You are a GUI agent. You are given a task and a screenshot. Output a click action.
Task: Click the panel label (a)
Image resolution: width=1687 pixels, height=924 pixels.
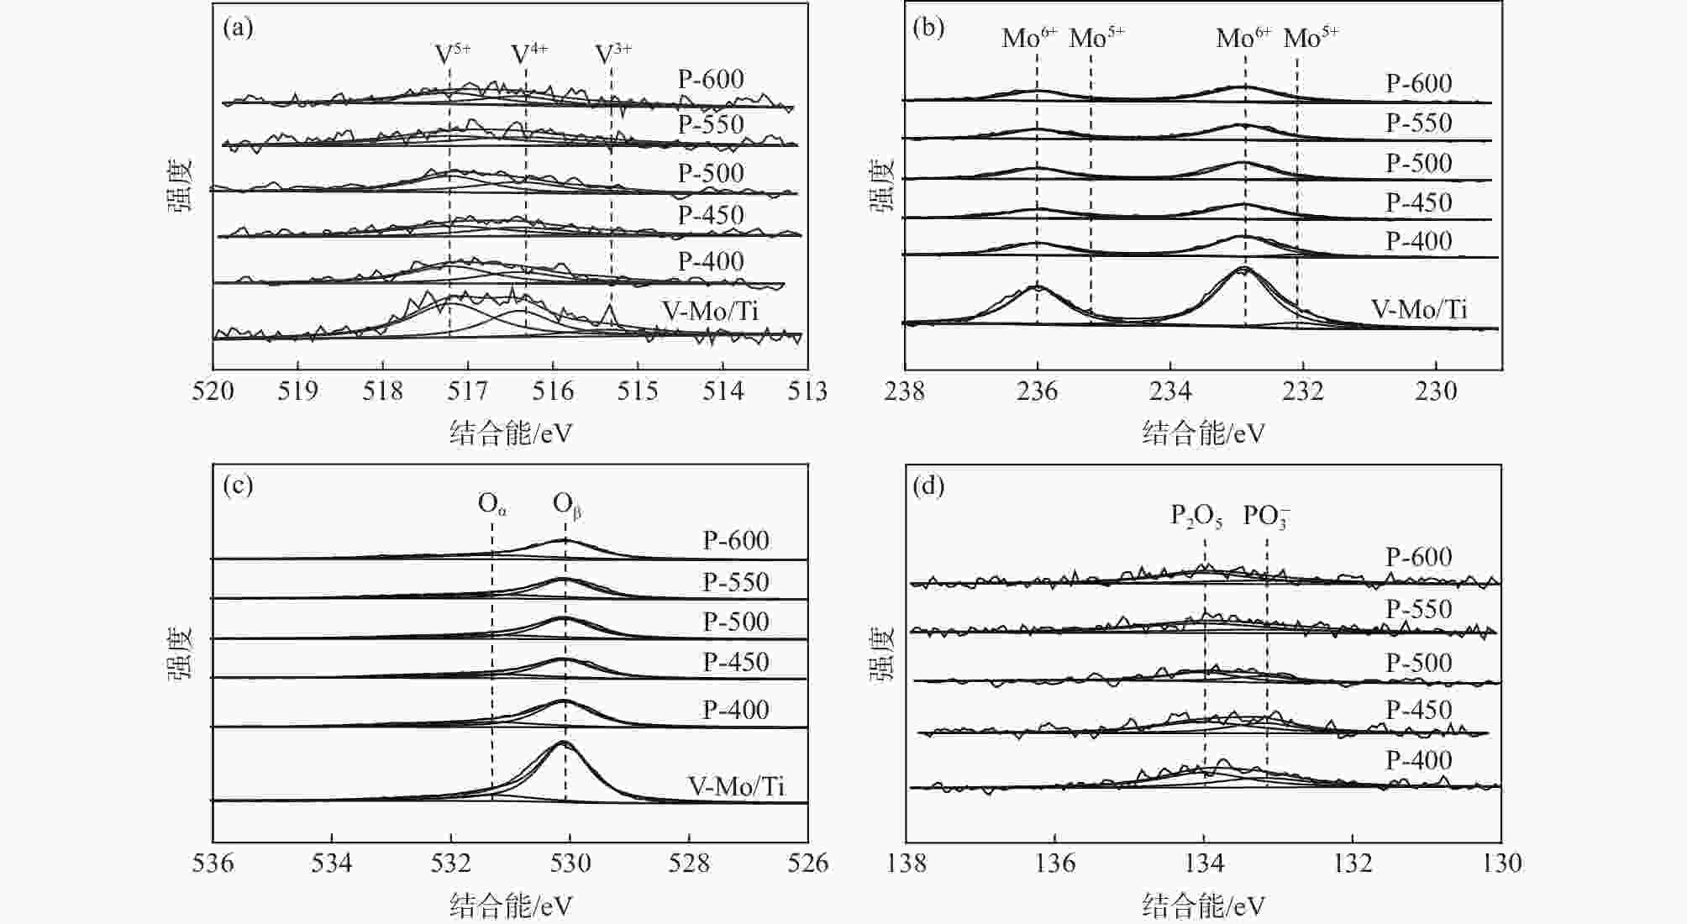[x=238, y=28]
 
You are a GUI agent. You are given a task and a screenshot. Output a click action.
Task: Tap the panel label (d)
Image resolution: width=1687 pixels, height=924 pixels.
[x=928, y=486]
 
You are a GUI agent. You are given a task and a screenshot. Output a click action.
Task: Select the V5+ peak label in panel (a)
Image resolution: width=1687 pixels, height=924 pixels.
[x=452, y=54]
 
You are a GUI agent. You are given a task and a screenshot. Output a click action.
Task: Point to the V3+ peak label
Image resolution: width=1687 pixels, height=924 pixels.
[x=613, y=54]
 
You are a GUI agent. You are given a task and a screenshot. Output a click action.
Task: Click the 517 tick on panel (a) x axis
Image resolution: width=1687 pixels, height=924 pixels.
[x=468, y=391]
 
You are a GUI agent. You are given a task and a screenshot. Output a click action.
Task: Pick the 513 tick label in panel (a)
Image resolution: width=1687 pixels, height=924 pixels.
[x=808, y=391]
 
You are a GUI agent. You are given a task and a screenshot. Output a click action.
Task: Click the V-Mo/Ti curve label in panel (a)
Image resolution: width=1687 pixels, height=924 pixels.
[x=710, y=311]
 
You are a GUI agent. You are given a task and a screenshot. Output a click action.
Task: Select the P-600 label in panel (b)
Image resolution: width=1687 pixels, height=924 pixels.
[x=1419, y=83]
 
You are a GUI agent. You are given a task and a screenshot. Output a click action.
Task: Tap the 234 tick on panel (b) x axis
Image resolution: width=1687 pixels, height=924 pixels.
[x=1170, y=391]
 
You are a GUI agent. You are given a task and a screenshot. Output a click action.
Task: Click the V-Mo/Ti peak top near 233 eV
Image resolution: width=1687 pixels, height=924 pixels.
[x=1244, y=268]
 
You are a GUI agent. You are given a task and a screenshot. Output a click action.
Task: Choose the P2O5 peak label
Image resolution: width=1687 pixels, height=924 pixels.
[x=1196, y=516]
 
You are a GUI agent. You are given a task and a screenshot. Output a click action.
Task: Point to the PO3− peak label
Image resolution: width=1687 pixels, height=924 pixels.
[x=1266, y=516]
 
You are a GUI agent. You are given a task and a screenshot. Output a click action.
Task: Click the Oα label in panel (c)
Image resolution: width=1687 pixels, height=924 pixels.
[x=492, y=504]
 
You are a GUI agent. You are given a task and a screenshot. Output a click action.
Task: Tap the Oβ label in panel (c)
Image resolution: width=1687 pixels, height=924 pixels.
[x=567, y=505]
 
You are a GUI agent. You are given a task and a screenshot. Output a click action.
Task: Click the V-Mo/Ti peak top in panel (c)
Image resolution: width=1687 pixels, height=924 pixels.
[x=562, y=743]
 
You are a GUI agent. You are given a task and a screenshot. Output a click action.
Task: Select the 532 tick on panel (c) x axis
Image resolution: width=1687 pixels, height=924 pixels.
[x=451, y=864]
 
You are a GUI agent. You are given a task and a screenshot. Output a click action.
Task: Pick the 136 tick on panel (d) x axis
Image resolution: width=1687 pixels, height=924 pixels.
[x=1055, y=864]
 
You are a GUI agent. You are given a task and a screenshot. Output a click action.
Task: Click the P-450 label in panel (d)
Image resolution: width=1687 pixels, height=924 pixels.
[x=1419, y=710]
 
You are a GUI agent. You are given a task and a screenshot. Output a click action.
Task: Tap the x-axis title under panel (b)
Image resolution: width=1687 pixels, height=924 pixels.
[x=1203, y=433]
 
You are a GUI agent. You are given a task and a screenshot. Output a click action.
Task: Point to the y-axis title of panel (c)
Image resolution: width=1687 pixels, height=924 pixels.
[x=180, y=653]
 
